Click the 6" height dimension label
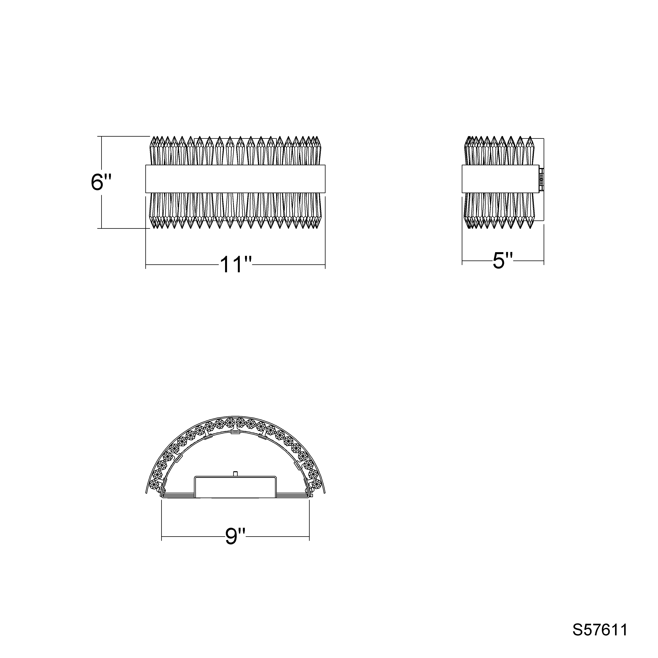(x=101, y=182)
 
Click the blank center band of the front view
(x=235, y=179)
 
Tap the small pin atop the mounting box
(x=235, y=473)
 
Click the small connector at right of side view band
(x=541, y=179)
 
